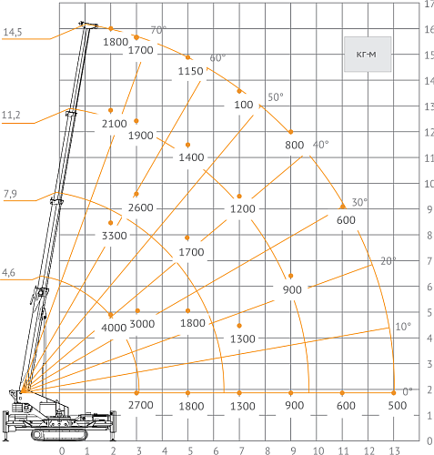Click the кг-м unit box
click(368, 55)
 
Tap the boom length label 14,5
click(13, 32)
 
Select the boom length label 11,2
click(11, 116)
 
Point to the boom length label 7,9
click(10, 194)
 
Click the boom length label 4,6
click(8, 273)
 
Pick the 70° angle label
click(158, 30)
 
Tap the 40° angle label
click(320, 145)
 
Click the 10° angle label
click(403, 327)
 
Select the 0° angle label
click(408, 391)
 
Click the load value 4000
click(114, 328)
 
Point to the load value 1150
click(190, 71)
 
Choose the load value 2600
click(141, 207)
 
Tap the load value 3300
click(114, 236)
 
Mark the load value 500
click(398, 406)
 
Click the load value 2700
click(141, 405)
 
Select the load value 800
click(294, 145)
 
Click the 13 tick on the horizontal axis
click(394, 450)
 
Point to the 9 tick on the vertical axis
click(429, 209)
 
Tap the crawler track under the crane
click(59, 435)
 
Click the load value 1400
click(191, 157)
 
